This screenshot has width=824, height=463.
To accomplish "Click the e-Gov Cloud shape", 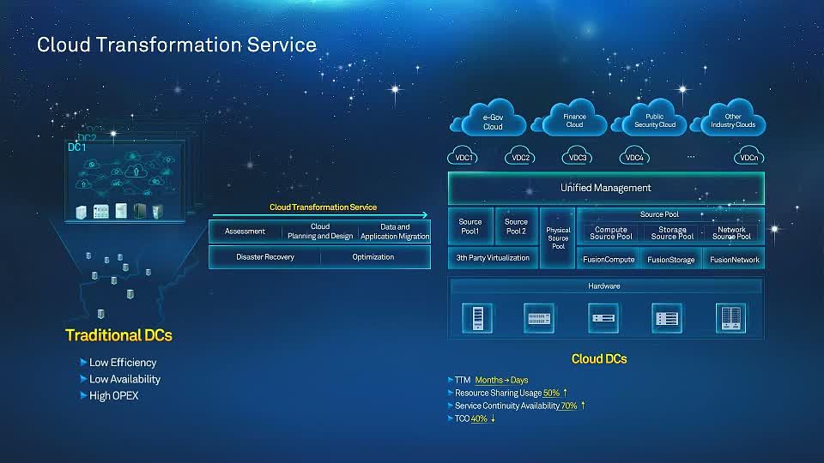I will pyautogui.click(x=493, y=122).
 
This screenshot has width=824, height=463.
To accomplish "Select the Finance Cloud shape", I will pyautogui.click(x=574, y=121).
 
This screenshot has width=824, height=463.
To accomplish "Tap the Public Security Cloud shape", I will pyautogui.click(x=655, y=121).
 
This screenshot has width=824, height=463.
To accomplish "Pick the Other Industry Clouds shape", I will pyautogui.click(x=733, y=121).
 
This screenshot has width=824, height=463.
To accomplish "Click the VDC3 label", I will pyautogui.click(x=578, y=158).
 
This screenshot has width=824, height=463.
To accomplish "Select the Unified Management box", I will pyautogui.click(x=605, y=188).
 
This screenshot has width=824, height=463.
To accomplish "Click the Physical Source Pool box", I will pyautogui.click(x=558, y=238).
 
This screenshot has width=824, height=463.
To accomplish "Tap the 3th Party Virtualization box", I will pyautogui.click(x=493, y=258).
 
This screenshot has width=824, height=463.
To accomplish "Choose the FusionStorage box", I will pyautogui.click(x=671, y=259).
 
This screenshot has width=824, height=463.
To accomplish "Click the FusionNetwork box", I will pyautogui.click(x=734, y=259).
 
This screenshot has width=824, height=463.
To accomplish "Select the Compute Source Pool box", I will pyautogui.click(x=611, y=233).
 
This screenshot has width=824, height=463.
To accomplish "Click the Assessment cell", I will pyautogui.click(x=245, y=231).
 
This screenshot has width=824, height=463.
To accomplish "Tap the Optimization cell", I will pyautogui.click(x=373, y=257).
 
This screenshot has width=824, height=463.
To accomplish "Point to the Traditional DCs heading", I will pyautogui.click(x=118, y=335).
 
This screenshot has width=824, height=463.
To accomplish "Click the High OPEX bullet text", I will pyautogui.click(x=113, y=396).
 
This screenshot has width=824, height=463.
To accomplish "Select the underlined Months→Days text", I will pyautogui.click(x=501, y=380).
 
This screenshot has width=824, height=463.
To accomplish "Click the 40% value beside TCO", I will pyautogui.click(x=479, y=418).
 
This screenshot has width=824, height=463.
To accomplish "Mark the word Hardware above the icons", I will pyautogui.click(x=603, y=286).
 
